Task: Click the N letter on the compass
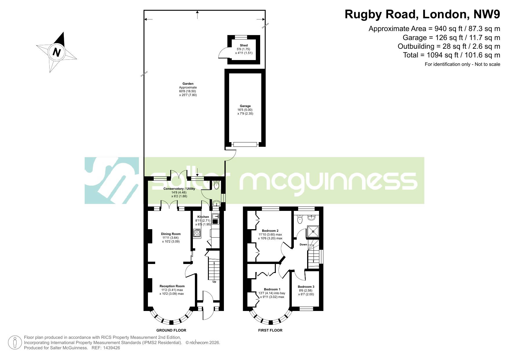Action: [57, 53]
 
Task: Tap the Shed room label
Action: [244, 45]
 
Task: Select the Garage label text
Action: [245, 106]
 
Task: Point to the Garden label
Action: [188, 84]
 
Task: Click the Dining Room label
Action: [171, 234]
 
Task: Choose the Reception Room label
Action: [172, 286]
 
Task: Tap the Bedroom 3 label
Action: [306, 287]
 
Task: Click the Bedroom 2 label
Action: [270, 231]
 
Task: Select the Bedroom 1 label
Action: [272, 289]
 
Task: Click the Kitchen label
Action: [203, 217]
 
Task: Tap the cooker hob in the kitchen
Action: [197, 233]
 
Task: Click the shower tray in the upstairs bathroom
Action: [313, 231]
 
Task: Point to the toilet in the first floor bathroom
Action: [300, 220]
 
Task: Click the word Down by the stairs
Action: [303, 245]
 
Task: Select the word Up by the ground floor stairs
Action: [214, 282]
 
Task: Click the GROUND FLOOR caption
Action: [171, 330]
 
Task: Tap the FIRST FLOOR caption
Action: [270, 330]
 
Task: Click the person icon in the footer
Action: [15, 343]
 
